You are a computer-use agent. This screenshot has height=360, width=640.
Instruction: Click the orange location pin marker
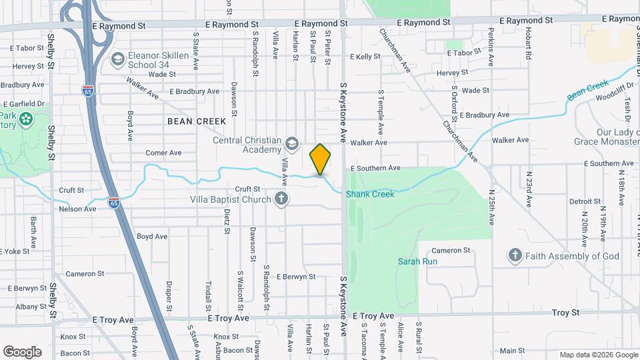click(x=320, y=159)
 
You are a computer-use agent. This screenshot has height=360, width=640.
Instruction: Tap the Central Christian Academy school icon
click(x=291, y=143)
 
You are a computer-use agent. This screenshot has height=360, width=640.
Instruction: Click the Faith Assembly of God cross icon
click(x=515, y=255)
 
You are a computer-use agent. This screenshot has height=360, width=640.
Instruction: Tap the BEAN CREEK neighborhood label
click(x=197, y=121)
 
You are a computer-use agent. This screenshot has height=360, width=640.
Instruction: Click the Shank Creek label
click(x=370, y=194)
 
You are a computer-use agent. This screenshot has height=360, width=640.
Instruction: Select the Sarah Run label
click(x=417, y=261)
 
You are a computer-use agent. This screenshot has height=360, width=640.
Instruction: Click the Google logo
click(x=22, y=351)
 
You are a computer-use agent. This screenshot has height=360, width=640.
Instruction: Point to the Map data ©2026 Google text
click(x=598, y=355)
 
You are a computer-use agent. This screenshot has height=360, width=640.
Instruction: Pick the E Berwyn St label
click(x=295, y=276)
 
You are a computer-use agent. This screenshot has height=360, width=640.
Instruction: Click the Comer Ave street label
click(x=163, y=153)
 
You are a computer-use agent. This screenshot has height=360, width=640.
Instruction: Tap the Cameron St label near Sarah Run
click(x=455, y=250)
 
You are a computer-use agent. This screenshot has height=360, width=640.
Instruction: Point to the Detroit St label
click(x=585, y=201)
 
